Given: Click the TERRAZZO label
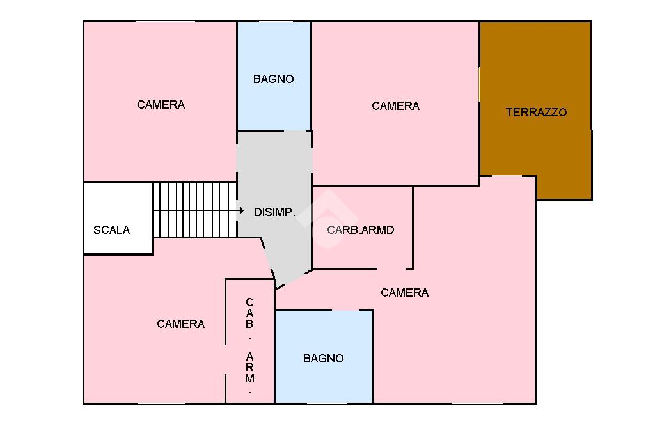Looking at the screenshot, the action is click(537, 113).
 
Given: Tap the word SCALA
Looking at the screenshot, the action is click(111, 230).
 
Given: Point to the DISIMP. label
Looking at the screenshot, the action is click(274, 212).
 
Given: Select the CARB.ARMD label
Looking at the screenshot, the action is click(361, 230).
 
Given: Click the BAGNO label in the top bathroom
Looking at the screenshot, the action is click(274, 79).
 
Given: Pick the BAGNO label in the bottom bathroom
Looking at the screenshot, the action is click(323, 359).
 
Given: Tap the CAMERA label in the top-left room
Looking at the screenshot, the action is click(161, 105).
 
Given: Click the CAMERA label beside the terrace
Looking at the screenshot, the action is click(395, 106).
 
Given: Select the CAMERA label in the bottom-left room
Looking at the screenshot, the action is click(181, 324).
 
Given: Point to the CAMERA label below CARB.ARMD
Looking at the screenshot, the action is click(405, 293).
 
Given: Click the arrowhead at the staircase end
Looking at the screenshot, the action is click(241, 210).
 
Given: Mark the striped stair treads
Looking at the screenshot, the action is click(194, 210).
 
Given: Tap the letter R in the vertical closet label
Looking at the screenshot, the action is click(250, 368).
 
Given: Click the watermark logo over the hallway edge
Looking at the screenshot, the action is click(328, 219).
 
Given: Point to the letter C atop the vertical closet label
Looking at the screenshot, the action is click(250, 302).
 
